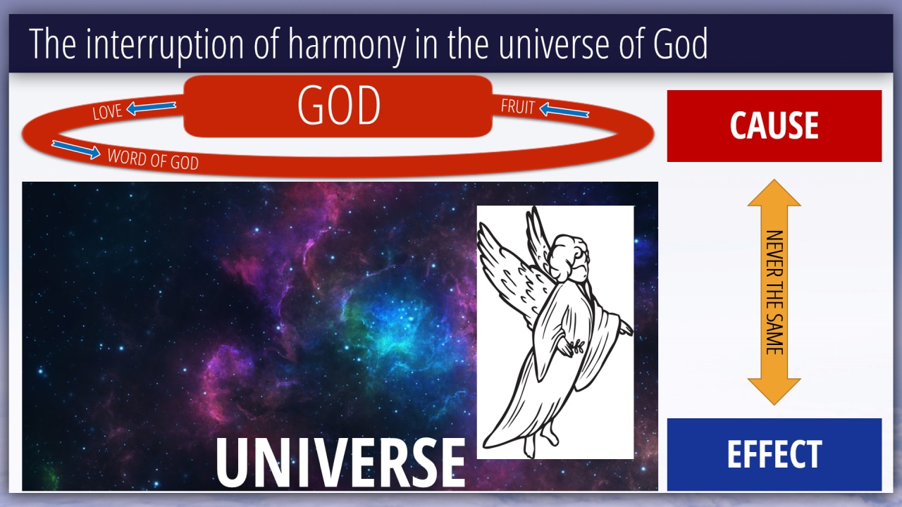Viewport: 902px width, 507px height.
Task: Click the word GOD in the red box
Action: click(x=339, y=106)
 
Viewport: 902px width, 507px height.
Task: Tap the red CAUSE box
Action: click(x=774, y=126)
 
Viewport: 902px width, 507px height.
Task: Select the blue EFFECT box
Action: click(x=774, y=454)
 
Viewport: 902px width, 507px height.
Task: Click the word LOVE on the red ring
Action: click(x=107, y=111)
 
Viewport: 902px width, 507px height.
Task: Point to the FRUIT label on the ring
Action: click(x=517, y=106)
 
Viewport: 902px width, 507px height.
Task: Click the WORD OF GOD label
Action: click(x=153, y=159)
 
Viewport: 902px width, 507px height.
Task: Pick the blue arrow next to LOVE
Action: click(x=151, y=108)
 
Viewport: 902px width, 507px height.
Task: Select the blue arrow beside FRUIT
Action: click(x=564, y=110)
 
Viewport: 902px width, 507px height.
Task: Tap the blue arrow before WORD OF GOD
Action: click(x=76, y=149)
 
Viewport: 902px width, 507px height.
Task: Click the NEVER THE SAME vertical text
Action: click(x=774, y=292)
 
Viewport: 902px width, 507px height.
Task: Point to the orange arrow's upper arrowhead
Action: click(x=774, y=193)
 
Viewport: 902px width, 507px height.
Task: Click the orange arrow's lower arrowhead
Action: click(x=774, y=392)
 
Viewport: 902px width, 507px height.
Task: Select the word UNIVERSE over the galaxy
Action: click(x=340, y=463)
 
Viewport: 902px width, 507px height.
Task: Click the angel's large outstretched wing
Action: click(x=512, y=274)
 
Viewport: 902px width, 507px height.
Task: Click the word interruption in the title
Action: click(x=165, y=44)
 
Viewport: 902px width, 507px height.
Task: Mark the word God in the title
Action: click(x=680, y=44)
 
